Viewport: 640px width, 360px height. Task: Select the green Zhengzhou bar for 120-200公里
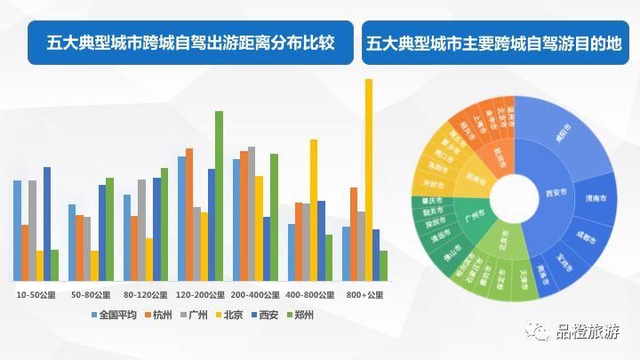point(219,196)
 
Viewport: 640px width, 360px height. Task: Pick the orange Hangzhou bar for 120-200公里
point(188,213)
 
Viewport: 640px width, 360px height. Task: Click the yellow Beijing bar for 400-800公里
point(314,209)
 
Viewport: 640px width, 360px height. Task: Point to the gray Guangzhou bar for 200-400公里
point(252,213)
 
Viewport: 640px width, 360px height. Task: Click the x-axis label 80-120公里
point(146,294)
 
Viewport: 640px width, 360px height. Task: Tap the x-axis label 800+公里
point(364,294)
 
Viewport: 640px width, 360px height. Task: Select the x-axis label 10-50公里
point(36,294)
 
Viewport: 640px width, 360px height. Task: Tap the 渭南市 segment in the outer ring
point(595,199)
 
